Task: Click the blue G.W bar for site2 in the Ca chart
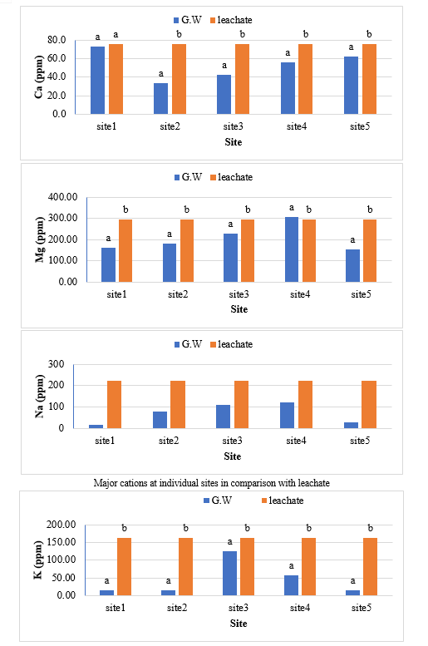point(160,98)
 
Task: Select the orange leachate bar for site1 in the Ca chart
point(116,79)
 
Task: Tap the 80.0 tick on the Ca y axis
point(57,40)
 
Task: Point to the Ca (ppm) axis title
point(39,76)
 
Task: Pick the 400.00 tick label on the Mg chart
point(62,197)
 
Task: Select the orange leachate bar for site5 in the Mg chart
point(370,250)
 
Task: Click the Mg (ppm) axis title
point(40,239)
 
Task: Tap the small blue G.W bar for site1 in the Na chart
point(96,427)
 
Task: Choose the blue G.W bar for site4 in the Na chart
point(287,416)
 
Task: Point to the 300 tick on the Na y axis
point(56,364)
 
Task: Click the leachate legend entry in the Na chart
point(231,344)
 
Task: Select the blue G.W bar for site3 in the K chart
point(230,573)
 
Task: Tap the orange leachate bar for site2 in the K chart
point(185,566)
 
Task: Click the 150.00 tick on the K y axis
point(61,542)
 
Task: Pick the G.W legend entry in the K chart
point(218,501)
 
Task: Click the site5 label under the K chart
point(362,608)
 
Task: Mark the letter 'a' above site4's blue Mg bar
point(292,208)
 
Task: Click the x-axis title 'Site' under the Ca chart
point(234,142)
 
